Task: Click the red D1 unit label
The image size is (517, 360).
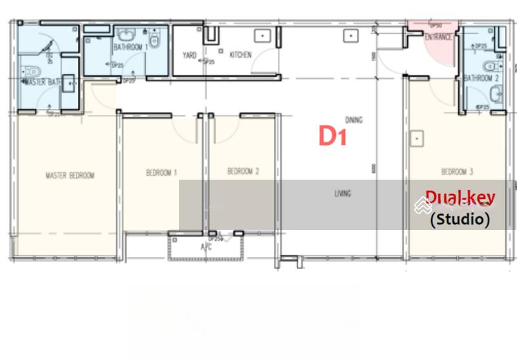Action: [x=333, y=136]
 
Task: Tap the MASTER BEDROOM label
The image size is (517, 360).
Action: [x=70, y=175]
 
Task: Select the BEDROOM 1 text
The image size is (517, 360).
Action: [x=162, y=173]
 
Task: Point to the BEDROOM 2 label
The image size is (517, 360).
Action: [x=243, y=171]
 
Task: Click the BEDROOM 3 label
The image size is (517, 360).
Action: [x=457, y=171]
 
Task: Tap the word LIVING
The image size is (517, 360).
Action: [x=343, y=193]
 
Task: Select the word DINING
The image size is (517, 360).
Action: [x=353, y=120]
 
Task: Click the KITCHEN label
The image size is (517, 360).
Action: [x=240, y=55]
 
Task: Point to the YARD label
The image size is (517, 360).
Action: [x=190, y=56]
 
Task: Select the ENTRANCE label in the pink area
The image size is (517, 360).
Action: [x=438, y=37]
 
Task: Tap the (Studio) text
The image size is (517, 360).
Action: [x=460, y=219]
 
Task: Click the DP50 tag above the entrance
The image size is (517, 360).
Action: [x=435, y=26]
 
